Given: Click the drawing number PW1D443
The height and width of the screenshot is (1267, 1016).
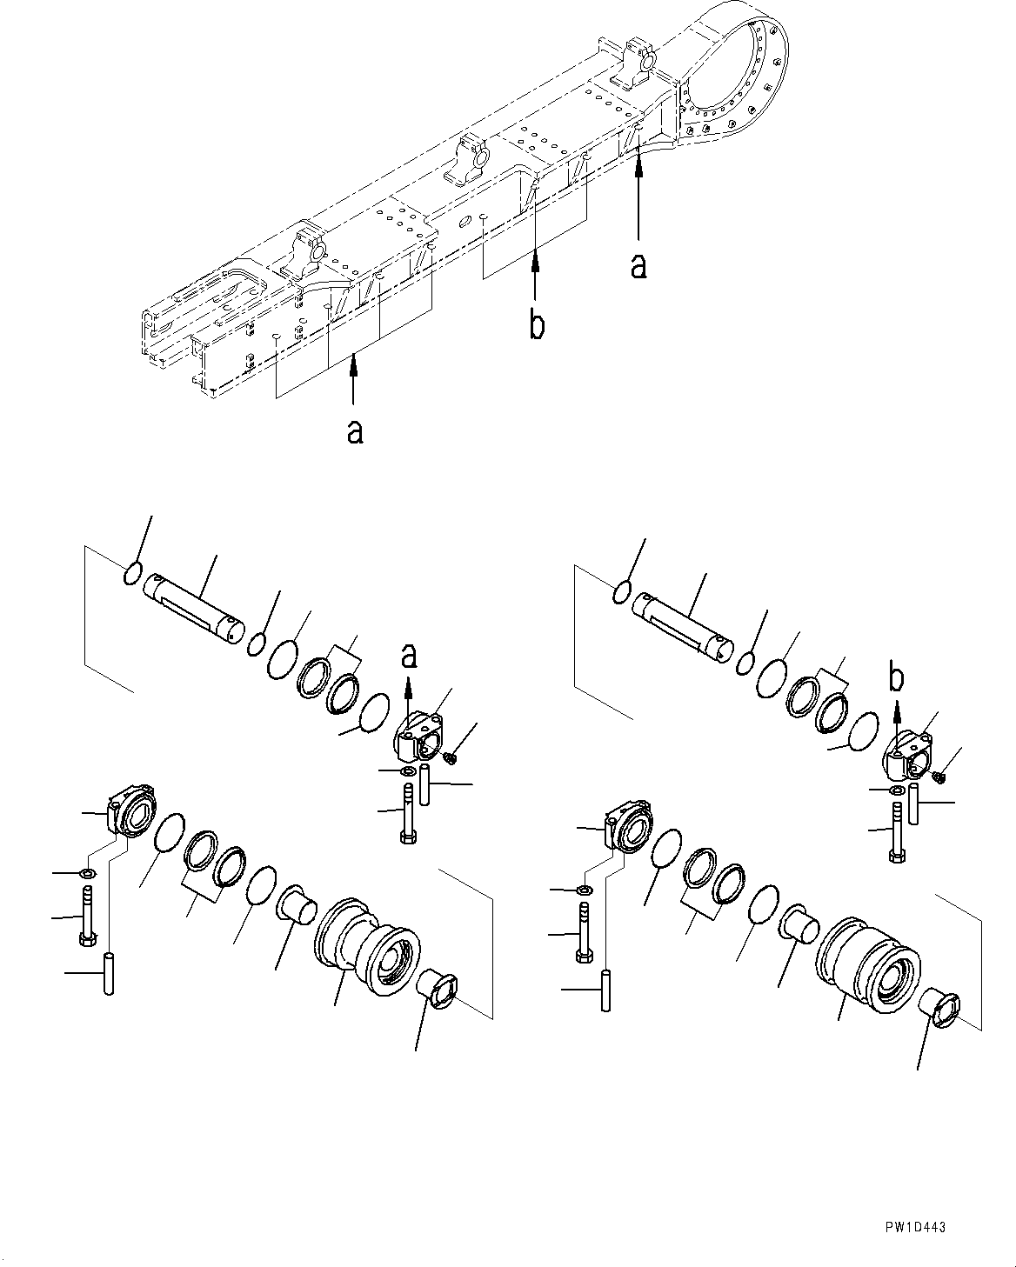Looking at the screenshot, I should pyautogui.click(x=914, y=1227).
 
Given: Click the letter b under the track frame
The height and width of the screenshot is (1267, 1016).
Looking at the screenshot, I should pyautogui.click(x=538, y=326).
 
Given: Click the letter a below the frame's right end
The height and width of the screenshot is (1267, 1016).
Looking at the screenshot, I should pyautogui.click(x=638, y=266).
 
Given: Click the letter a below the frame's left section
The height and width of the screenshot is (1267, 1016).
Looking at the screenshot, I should pyautogui.click(x=354, y=431).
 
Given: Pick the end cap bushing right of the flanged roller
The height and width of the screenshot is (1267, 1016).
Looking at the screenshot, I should pyautogui.click(x=435, y=987).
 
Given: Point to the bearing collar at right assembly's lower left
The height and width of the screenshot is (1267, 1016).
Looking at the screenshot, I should pyautogui.click(x=629, y=826).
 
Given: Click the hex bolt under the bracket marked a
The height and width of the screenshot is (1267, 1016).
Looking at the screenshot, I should pyautogui.click(x=409, y=813).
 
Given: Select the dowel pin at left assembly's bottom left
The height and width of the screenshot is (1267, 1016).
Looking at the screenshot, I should pyautogui.click(x=109, y=975).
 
